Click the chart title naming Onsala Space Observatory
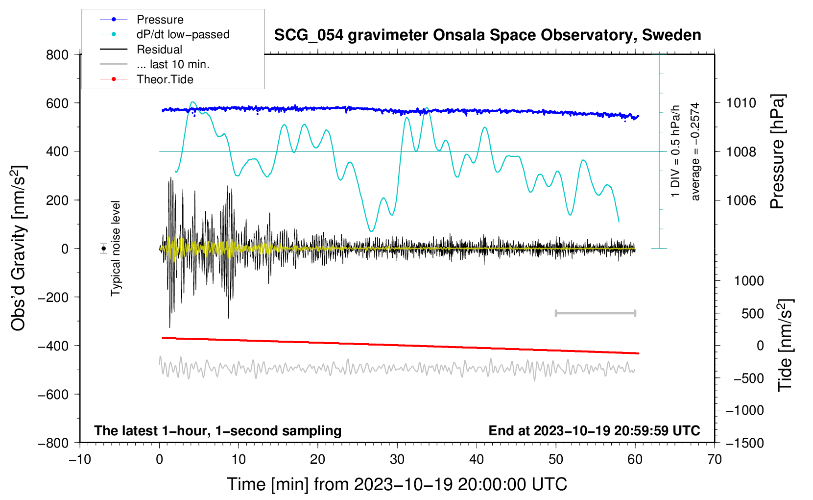tap(487, 35)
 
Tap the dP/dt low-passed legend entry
tap(183, 34)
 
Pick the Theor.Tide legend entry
tap(165, 79)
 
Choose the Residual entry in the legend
tap(159, 50)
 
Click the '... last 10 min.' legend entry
tap(173, 64)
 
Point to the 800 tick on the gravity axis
tap(57, 54)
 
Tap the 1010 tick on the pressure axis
tap(741, 103)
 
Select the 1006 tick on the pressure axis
tap(741, 200)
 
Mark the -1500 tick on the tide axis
tap(744, 443)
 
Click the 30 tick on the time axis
tap(397, 459)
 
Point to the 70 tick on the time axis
tap(715, 459)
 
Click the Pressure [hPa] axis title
tap(777, 152)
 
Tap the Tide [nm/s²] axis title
tap(785, 346)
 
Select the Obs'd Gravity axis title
tap(19, 249)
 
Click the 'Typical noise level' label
tap(116, 249)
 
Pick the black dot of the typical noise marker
tap(103, 249)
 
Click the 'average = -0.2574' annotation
tap(695, 152)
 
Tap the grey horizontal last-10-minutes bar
tap(595, 313)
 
